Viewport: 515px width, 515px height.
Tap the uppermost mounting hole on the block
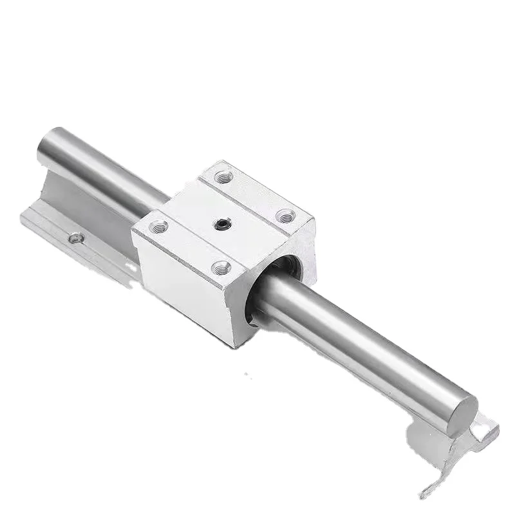coord(223,176)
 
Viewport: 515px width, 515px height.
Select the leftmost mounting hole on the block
coord(157,226)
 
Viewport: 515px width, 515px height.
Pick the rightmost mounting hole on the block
coord(285,215)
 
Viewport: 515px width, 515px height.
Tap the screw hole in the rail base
coord(77,238)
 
